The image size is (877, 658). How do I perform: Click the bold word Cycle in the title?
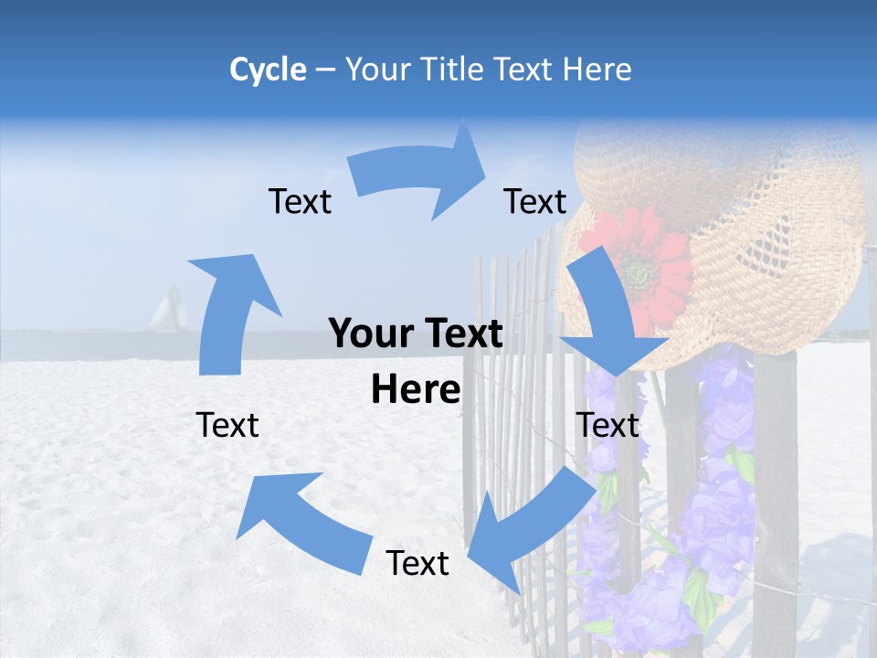(x=268, y=69)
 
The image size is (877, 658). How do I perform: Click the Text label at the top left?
(x=300, y=201)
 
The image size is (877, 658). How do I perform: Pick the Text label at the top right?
(x=535, y=201)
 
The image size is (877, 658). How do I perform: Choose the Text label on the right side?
(x=608, y=425)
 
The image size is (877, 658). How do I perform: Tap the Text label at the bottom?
(x=417, y=563)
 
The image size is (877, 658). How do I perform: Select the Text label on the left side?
(x=227, y=425)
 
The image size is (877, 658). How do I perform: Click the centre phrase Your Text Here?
(x=416, y=361)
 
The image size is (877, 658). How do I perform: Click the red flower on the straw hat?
(x=639, y=265)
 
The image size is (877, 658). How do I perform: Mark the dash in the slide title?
(x=325, y=70)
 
